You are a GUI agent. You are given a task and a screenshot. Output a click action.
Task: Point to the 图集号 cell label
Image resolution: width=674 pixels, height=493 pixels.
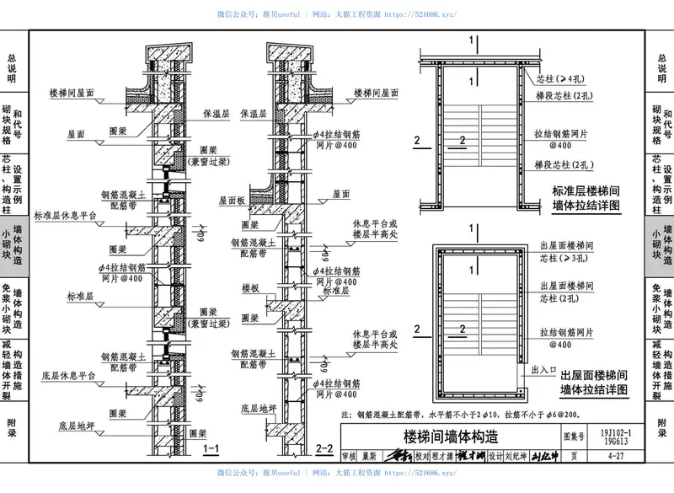(x=573, y=437)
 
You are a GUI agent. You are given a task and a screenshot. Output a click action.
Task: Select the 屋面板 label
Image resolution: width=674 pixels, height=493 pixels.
(x=232, y=201)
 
